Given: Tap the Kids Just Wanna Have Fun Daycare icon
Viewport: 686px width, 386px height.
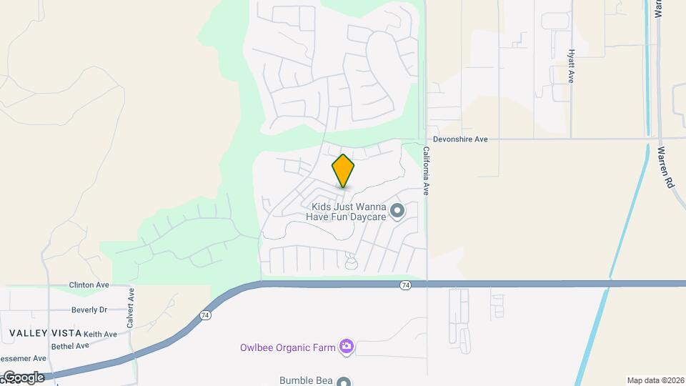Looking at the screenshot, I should coord(398,211).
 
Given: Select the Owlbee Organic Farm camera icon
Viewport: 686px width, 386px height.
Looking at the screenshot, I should coord(347,347).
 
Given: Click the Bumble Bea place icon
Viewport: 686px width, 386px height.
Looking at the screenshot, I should coord(344,382).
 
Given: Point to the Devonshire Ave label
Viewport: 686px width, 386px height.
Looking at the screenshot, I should coord(460,139).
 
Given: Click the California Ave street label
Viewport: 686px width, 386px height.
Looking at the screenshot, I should coord(425,171).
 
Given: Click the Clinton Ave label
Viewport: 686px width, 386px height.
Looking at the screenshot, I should coord(89,285).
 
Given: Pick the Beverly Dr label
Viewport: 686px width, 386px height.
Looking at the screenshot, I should coord(89,310).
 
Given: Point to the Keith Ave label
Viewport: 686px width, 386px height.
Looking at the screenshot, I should coord(100,334).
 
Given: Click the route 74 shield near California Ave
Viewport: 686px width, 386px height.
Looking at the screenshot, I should coord(406,284).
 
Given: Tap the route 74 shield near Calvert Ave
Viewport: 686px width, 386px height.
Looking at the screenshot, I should coord(206,315).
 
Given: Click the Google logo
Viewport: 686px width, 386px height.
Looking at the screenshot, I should coord(23,377).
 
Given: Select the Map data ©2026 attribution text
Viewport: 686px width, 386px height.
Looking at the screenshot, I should coord(655,380).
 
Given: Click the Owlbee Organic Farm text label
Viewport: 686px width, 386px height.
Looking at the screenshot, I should coord(287,348).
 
